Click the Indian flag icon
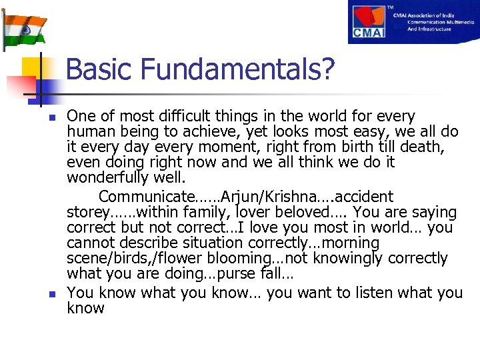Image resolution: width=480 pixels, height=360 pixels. point(25,27)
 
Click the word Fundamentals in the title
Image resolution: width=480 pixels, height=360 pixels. point(231,69)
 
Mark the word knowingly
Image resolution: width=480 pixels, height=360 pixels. point(350,259)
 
